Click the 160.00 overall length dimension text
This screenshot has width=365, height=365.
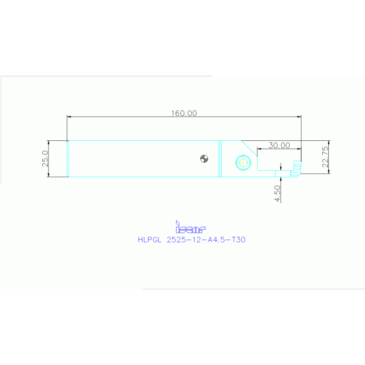coord(184,113)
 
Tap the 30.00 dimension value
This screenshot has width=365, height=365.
coord(279,146)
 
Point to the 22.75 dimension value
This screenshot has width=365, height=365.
coord(325,157)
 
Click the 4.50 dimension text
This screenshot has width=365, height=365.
coord(278,193)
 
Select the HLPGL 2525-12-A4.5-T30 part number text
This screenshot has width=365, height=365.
coord(191,240)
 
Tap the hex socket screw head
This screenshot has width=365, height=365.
coord(244,163)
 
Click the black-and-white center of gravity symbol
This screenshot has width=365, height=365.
coord(204,159)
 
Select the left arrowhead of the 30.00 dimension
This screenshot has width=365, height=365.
coord(259,149)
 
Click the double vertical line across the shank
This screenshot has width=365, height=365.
coord(220,158)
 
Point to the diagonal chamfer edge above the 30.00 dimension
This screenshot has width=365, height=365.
coord(248,147)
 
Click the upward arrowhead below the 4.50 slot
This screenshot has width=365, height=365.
coord(281,177)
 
